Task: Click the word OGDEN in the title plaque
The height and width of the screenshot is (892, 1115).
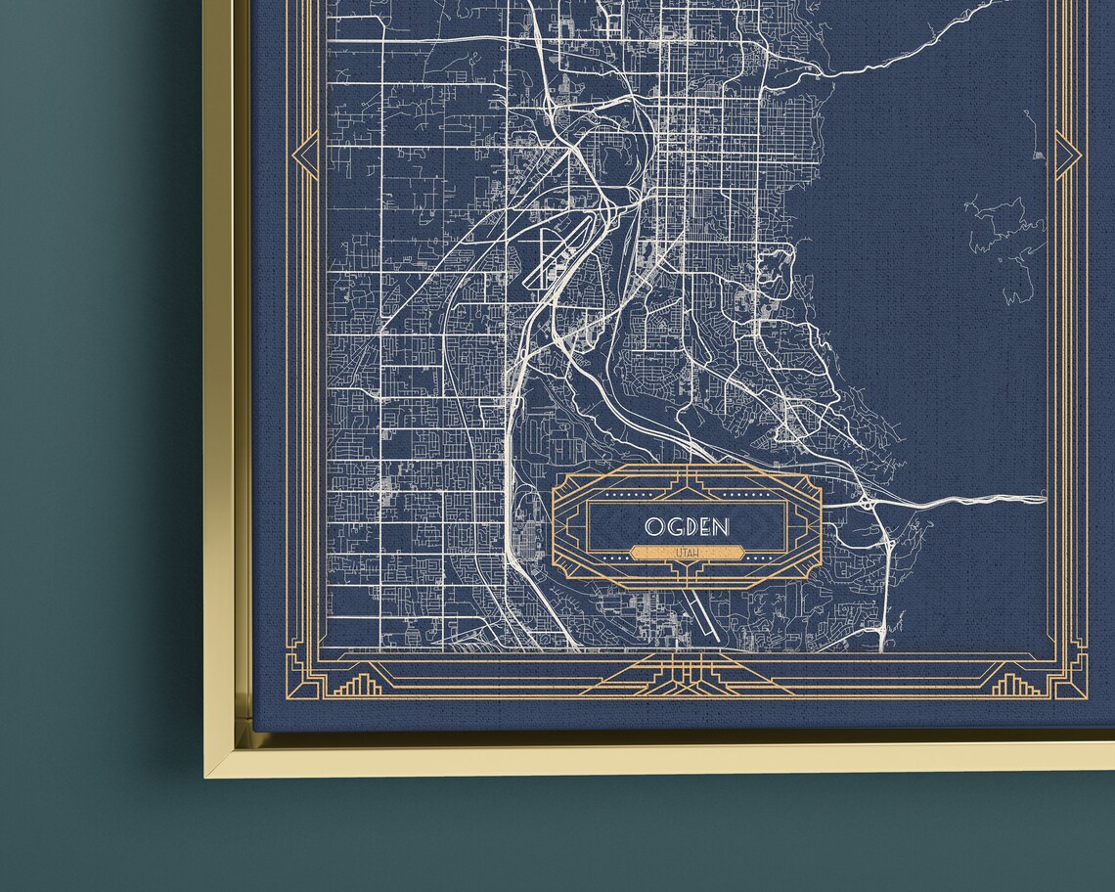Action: pos(687,526)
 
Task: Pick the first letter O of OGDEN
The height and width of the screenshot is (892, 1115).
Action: pos(651,526)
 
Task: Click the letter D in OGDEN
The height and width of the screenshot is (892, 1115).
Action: pos(689,526)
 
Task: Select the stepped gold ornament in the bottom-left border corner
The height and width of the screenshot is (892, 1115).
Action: pos(358,684)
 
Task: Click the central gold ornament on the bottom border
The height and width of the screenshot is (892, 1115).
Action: pos(687,675)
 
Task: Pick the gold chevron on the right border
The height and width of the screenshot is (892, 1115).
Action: pos(1067,155)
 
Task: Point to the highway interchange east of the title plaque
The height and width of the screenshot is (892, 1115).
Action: pos(870,504)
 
